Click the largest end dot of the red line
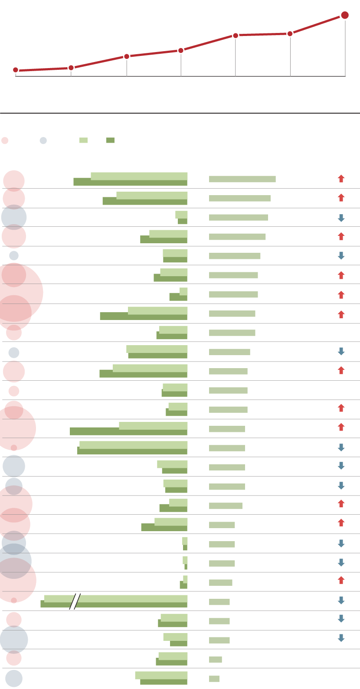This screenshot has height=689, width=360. tap(345, 15)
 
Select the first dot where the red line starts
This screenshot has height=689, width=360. tap(16, 70)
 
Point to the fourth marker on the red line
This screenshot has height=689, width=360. tap(181, 50)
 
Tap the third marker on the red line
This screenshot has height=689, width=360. tap(127, 56)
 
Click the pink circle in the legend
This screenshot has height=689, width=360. tap(5, 140)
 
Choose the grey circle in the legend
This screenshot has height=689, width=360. tap(43, 140)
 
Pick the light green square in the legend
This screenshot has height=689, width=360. tap(83, 140)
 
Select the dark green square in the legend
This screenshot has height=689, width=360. tap(110, 140)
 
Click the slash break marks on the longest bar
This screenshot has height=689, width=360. tap(75, 601)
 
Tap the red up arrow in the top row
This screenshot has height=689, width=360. tap(341, 178)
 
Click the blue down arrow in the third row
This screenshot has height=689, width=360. tap(341, 218)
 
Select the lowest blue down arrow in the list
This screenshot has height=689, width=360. tap(341, 638)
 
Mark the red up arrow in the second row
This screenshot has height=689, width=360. tap(341, 198)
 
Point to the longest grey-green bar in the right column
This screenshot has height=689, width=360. tap(242, 179)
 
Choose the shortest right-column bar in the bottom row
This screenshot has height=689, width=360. tap(214, 679)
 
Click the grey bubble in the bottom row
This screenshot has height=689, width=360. tap(14, 679)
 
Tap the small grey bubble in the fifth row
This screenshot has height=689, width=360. tap(14, 255)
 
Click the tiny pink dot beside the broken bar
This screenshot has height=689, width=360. tap(14, 600)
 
